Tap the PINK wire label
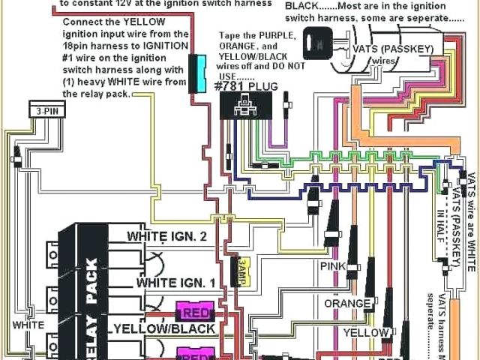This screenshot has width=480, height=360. [333, 266]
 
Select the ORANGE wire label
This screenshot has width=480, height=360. [347, 303]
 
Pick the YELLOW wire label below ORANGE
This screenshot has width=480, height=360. [366, 332]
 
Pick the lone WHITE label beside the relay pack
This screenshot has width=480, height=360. [28, 325]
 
